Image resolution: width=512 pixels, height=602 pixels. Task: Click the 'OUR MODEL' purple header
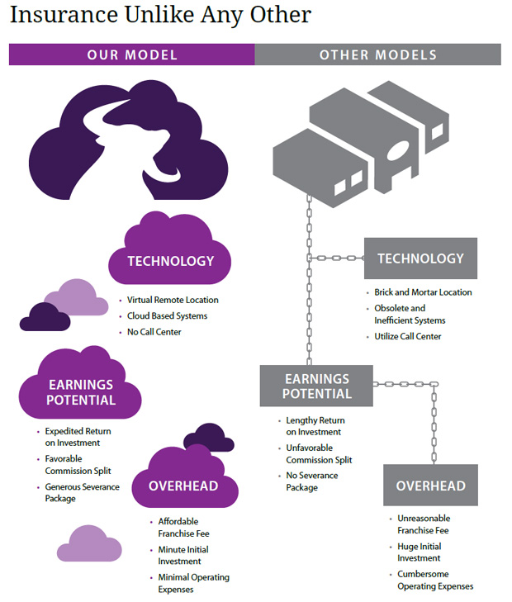coord(132,55)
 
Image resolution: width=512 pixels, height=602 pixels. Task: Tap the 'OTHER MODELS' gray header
coord(377,55)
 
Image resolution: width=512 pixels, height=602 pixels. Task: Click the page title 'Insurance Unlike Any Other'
coord(161,15)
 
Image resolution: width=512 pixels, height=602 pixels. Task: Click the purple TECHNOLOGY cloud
coord(170,261)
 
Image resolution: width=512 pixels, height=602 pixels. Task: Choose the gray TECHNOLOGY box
coord(420,258)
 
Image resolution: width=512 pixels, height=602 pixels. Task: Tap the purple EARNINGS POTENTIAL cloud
coord(81,392)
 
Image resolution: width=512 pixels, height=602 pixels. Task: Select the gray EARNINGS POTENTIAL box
coord(317,386)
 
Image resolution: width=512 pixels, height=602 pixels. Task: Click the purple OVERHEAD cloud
coord(183,486)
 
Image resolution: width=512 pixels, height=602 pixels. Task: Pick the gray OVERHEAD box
coord(430,486)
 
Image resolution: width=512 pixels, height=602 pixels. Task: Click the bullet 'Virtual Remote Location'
coord(173,300)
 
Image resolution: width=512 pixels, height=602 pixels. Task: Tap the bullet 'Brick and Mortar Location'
coord(423,292)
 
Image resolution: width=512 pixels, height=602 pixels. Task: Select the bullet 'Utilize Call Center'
coord(408,336)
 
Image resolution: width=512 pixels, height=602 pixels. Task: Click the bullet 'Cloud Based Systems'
coord(167,316)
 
